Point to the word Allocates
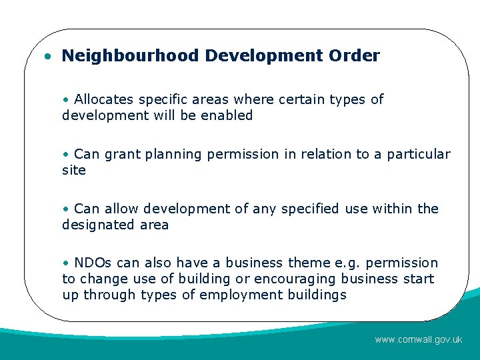pos(104,100)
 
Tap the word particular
pos(419,155)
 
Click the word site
pos(74,170)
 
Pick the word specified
pos(310,209)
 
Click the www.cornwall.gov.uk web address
pos(418,339)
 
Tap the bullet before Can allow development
pos(65,209)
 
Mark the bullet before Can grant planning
pos(65,155)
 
